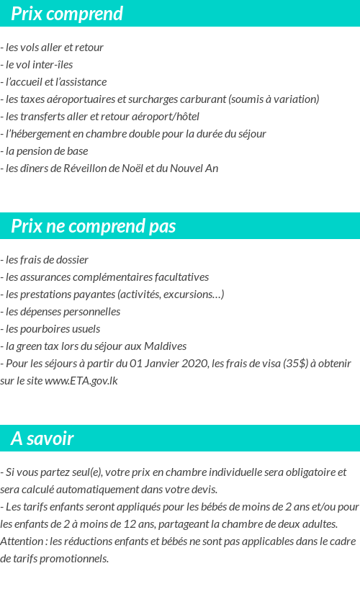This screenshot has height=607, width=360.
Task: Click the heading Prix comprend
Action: [67, 14]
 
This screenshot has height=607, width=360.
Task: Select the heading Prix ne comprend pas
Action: [94, 226]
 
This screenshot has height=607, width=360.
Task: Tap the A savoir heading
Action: [42, 439]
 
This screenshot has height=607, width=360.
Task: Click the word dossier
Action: [68, 260]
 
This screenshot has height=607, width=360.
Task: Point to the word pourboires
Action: [45, 329]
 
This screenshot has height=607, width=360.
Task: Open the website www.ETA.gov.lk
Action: [81, 381]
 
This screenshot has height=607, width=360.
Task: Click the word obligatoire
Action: [303, 472]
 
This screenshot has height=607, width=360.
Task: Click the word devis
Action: [203, 490]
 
